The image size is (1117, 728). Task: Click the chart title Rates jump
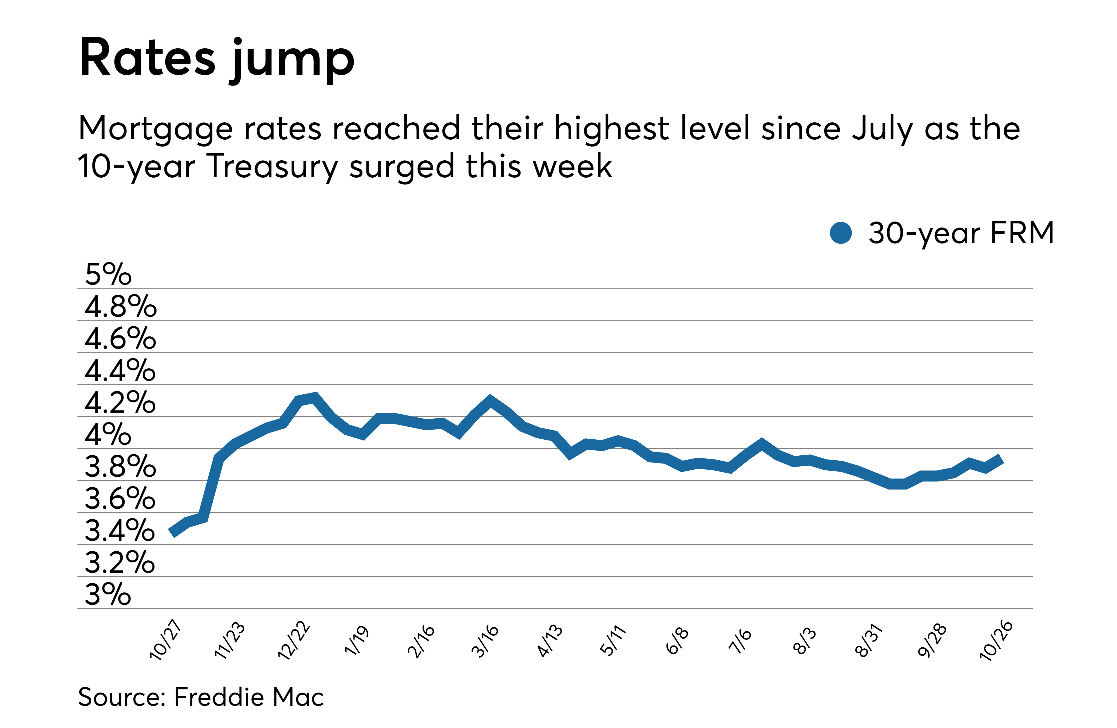tap(217, 59)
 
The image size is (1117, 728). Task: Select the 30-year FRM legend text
tap(961, 233)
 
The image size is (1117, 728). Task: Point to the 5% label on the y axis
tap(108, 274)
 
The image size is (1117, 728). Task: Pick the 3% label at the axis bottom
tap(108, 594)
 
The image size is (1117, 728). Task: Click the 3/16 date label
tap(485, 641)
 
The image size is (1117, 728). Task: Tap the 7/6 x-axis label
tap(740, 641)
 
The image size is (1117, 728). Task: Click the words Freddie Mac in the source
tap(249, 697)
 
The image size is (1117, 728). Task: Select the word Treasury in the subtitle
tap(272, 167)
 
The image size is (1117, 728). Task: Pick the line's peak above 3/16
tap(490, 400)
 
